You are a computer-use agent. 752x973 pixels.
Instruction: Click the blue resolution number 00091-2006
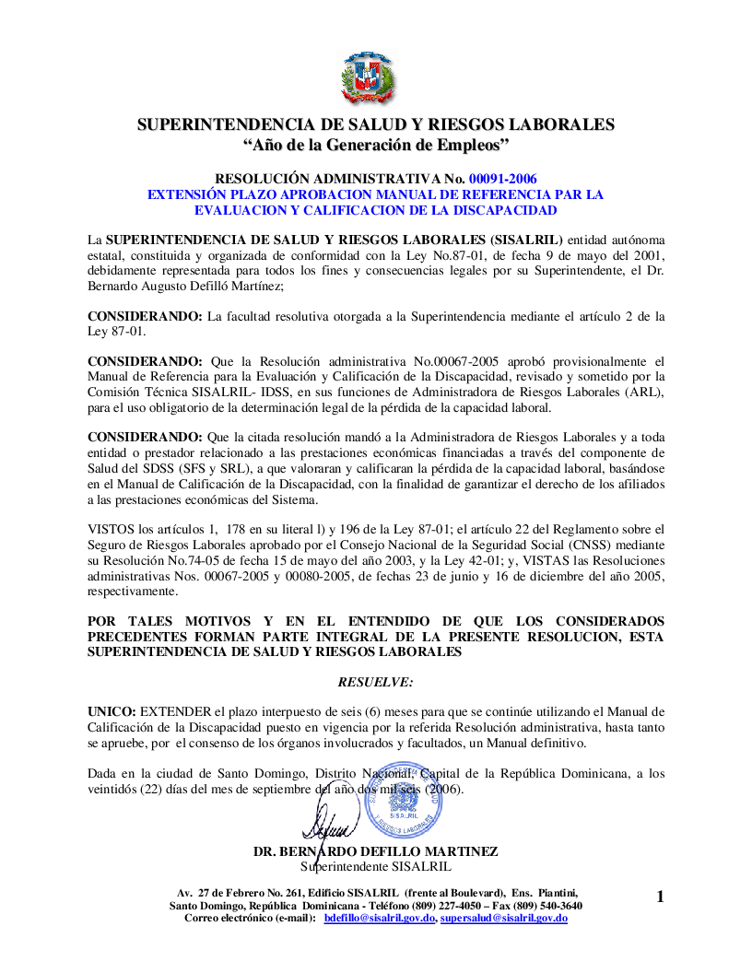pyautogui.click(x=503, y=179)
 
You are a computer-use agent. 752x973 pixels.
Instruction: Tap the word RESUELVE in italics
pyautogui.click(x=376, y=682)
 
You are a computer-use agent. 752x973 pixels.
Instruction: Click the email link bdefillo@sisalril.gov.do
pyautogui.click(x=379, y=919)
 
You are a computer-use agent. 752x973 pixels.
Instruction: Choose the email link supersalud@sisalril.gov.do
pyautogui.click(x=503, y=919)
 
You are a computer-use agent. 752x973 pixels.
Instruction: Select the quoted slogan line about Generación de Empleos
pyautogui.click(x=376, y=145)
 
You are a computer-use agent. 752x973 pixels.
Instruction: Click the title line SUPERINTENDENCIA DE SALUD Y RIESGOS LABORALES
pyautogui.click(x=376, y=124)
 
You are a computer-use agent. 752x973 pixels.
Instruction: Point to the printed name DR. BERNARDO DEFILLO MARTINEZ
pyautogui.click(x=376, y=851)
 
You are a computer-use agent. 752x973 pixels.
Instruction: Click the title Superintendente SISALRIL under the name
pyautogui.click(x=376, y=866)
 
